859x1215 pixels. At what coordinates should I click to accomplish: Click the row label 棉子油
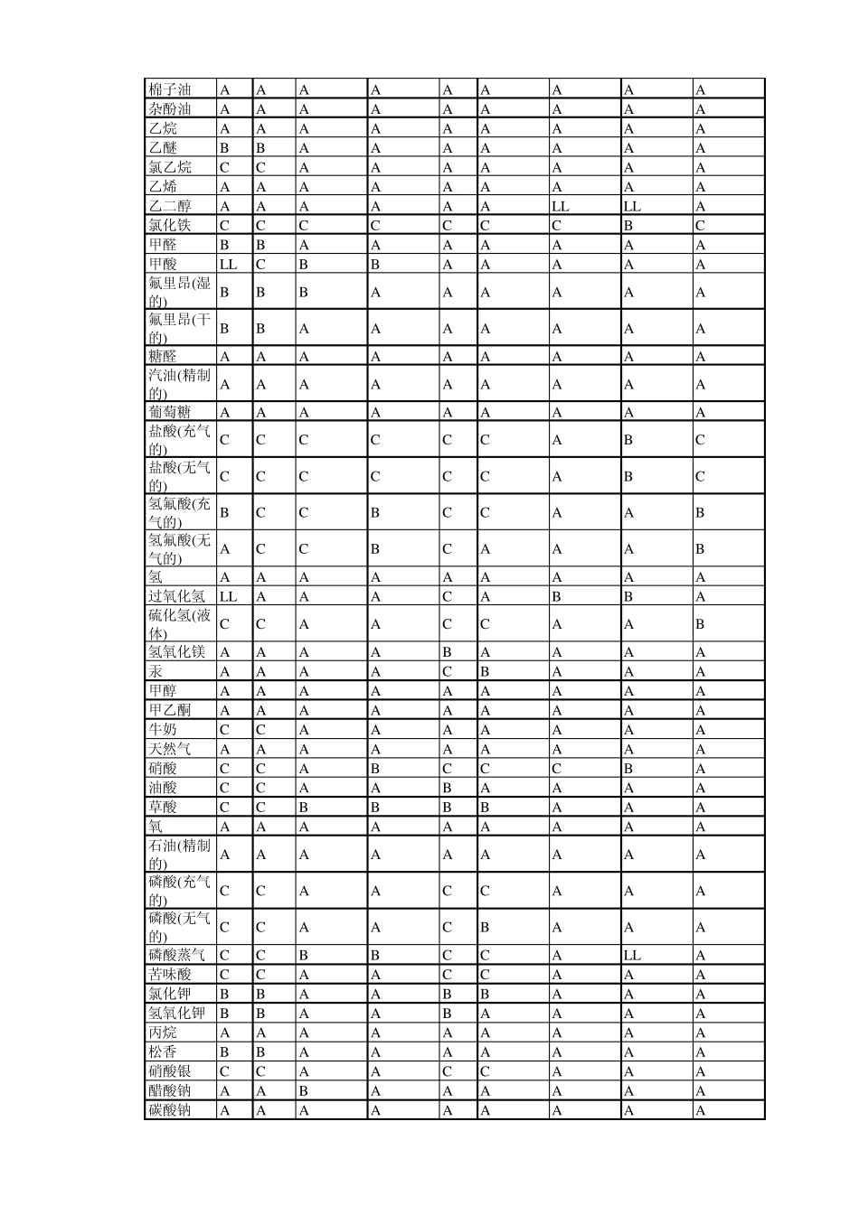click(170, 89)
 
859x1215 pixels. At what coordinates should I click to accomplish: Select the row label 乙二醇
click(170, 206)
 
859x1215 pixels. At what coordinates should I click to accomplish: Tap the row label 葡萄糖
click(170, 412)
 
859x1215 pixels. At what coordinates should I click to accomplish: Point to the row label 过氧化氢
click(177, 596)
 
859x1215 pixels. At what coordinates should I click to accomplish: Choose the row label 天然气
click(170, 749)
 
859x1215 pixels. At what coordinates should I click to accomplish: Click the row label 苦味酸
click(170, 975)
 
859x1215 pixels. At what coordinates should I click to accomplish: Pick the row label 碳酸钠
click(170, 1110)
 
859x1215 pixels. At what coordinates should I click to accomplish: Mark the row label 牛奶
click(163, 730)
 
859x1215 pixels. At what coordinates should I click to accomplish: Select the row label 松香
click(163, 1052)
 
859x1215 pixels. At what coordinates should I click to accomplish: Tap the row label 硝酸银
click(170, 1071)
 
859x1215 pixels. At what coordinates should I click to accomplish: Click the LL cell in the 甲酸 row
click(228, 265)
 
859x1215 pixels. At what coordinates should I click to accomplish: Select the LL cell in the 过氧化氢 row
click(228, 596)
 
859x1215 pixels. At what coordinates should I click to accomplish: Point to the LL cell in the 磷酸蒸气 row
click(631, 955)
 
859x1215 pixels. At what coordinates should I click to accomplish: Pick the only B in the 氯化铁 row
click(628, 226)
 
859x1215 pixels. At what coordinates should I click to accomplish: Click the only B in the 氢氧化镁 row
click(447, 652)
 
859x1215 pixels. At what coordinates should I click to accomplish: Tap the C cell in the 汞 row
click(447, 672)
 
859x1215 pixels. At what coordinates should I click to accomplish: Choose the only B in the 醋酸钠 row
click(304, 1091)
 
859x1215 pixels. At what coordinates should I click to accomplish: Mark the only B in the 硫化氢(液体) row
click(700, 624)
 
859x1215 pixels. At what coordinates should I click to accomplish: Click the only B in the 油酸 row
click(447, 788)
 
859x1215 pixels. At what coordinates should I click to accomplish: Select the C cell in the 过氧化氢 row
click(447, 596)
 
